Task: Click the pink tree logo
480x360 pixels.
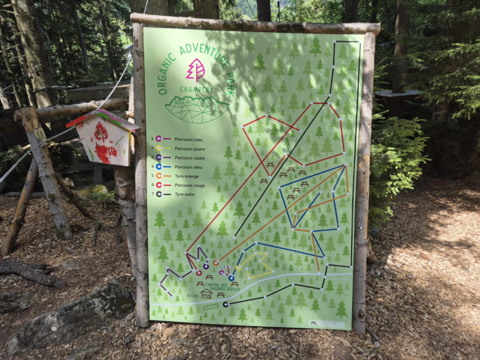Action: (196, 70)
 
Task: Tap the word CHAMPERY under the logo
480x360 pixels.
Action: (196, 91)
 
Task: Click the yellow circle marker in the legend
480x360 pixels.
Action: (159, 148)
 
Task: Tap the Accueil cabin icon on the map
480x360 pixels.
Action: (206, 294)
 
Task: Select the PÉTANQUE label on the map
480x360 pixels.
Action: (212, 306)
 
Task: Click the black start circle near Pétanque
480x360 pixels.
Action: (226, 304)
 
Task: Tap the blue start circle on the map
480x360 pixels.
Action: (231, 278)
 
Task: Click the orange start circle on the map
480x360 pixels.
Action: (215, 263)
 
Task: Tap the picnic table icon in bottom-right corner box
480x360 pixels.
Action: (313, 323)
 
